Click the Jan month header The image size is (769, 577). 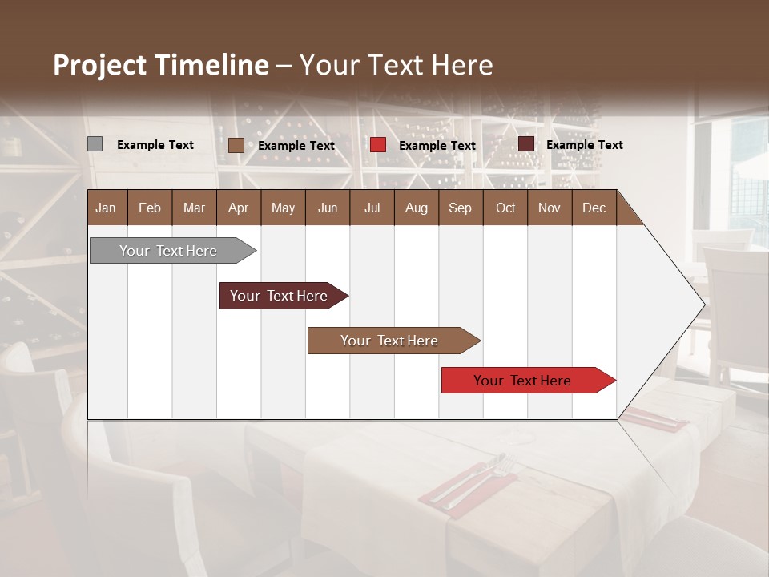pos(106,208)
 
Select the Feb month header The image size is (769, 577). pos(150,208)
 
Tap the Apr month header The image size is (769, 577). pos(238,208)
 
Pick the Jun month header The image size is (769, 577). pos(328,208)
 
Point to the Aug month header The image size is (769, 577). pos(416,208)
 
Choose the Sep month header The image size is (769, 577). pos(460,208)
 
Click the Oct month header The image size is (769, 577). pos(505,208)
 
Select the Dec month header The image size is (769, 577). pos(594,208)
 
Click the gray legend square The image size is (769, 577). pos(95,144)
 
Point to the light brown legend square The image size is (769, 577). pos(236,145)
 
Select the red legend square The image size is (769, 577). pos(378,145)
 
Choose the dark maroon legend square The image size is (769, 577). pos(525,144)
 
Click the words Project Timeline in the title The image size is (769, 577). pos(161,65)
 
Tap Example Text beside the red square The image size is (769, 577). pos(437,146)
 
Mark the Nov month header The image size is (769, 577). pos(549,208)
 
